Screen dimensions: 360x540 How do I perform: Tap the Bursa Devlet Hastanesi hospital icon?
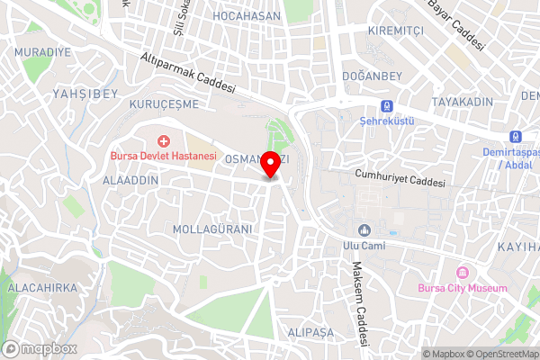(164, 140)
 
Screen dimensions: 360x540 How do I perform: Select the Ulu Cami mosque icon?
(364, 229)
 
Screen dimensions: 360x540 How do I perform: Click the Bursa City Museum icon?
(463, 273)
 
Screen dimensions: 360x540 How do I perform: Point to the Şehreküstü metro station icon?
(386, 104)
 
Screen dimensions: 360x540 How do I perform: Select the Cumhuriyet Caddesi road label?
(400, 178)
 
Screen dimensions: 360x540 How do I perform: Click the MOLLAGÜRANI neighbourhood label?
(212, 229)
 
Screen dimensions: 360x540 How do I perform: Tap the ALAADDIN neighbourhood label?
(130, 180)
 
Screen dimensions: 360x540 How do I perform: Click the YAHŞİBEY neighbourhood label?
(85, 93)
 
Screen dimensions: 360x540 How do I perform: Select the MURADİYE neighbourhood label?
(42, 52)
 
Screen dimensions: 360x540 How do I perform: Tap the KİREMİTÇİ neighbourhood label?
(395, 31)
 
